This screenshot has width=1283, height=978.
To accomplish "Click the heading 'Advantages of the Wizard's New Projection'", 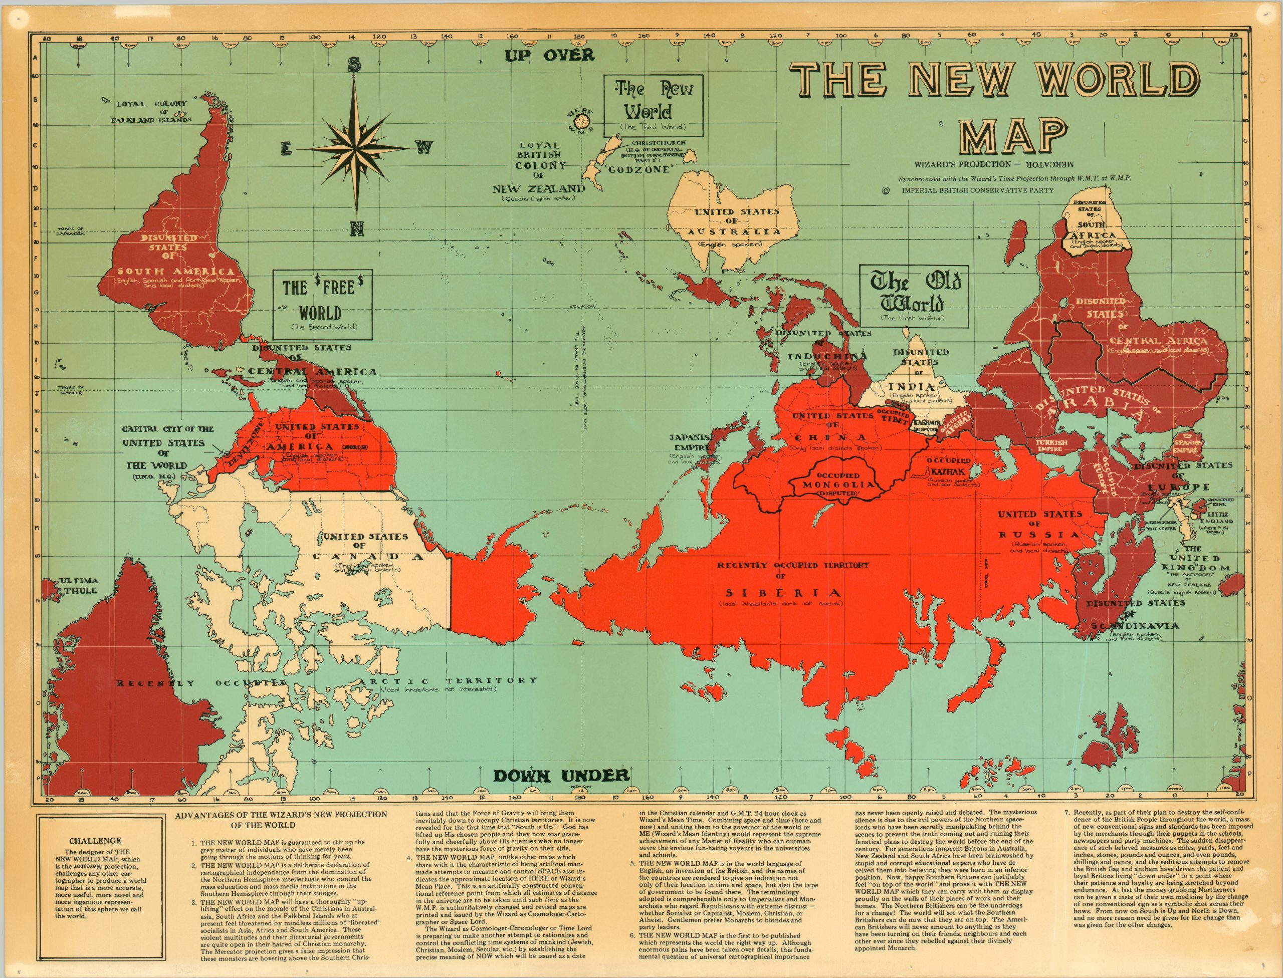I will tap(281, 819).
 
